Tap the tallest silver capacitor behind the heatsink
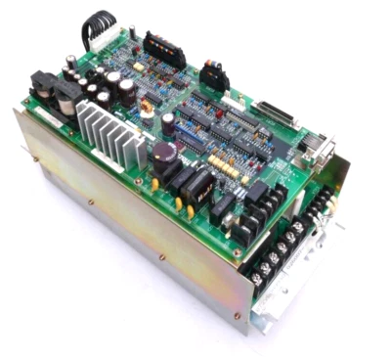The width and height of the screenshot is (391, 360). pyautogui.click(x=127, y=90)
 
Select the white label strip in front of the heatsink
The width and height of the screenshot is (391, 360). pyautogui.click(x=49, y=115)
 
